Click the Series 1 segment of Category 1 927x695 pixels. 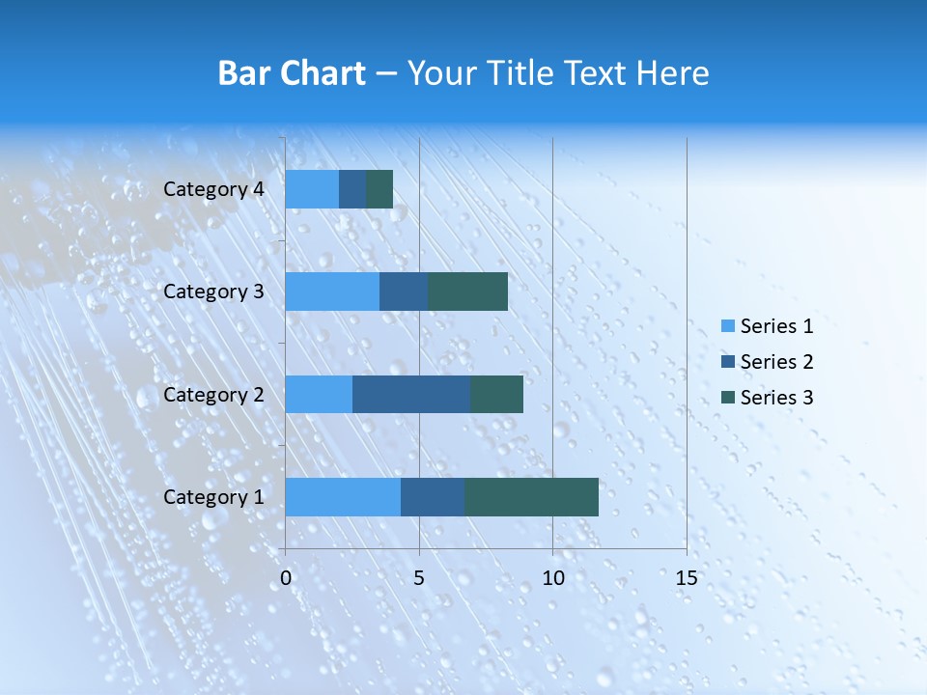(x=343, y=497)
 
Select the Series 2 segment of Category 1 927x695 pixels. (x=433, y=497)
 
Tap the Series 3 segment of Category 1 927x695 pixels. (x=531, y=497)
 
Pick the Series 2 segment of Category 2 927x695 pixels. (x=411, y=394)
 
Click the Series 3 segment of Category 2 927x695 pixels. (x=496, y=394)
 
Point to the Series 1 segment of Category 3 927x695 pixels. (x=332, y=292)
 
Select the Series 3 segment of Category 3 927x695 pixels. (x=467, y=292)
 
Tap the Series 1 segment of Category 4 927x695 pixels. (x=312, y=189)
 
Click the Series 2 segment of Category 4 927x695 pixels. (x=352, y=189)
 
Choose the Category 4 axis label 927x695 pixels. (x=213, y=189)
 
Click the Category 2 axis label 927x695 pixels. (x=213, y=394)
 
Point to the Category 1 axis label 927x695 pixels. (x=213, y=497)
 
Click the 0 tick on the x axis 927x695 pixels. (x=286, y=578)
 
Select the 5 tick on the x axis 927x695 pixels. (x=419, y=578)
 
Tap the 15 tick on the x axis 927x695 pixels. (x=686, y=578)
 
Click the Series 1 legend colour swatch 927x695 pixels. (x=728, y=326)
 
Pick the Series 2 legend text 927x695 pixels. (x=776, y=362)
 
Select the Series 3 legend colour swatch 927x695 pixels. (x=728, y=398)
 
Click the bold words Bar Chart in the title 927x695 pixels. (x=291, y=73)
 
